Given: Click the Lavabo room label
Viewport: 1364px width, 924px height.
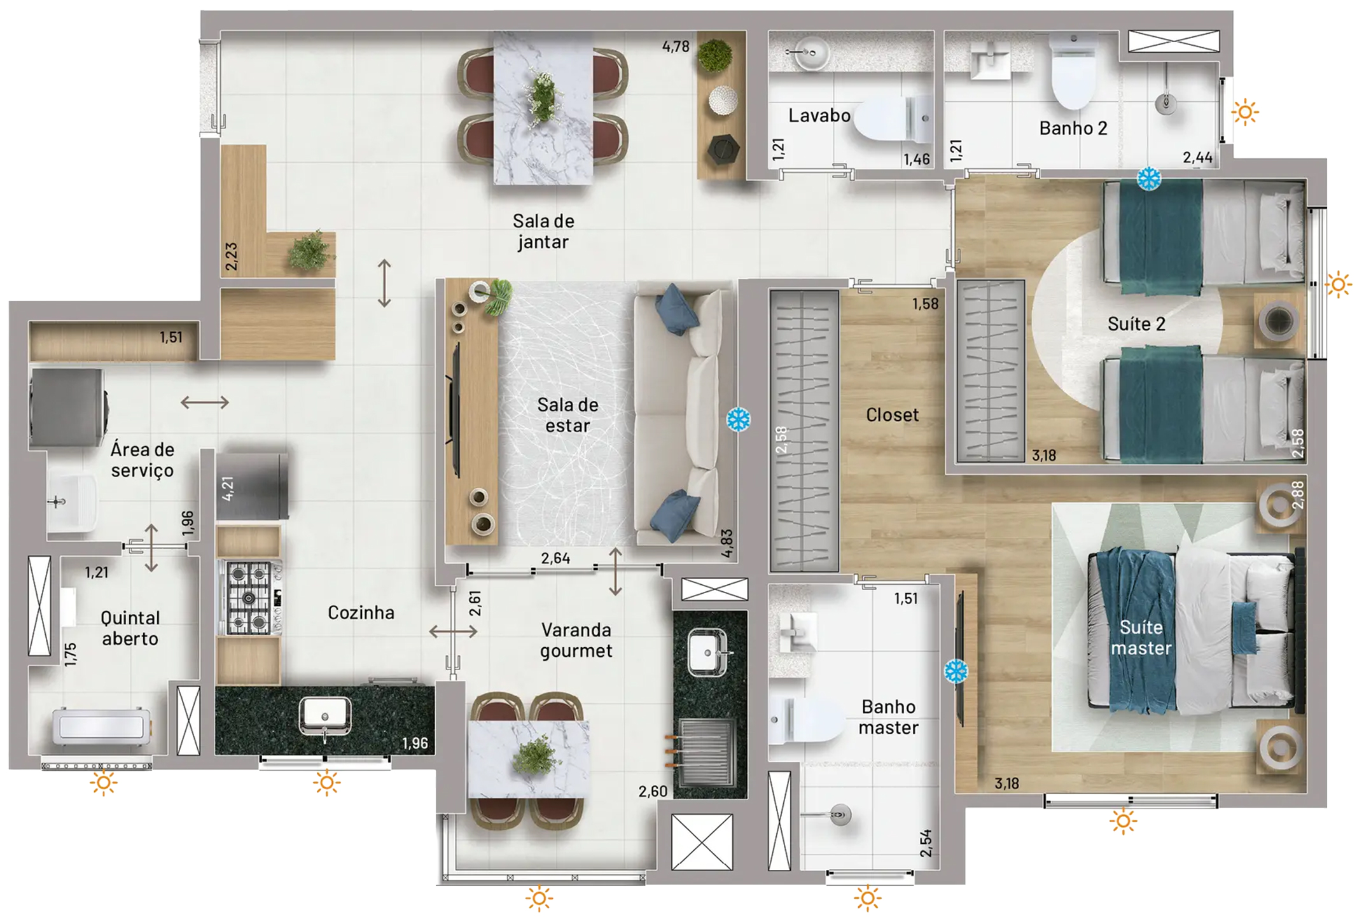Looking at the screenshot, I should click(x=819, y=116).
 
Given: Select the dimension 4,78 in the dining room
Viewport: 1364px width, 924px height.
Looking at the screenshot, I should click(x=675, y=46).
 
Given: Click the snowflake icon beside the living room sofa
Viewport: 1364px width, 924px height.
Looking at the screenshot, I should click(x=738, y=419).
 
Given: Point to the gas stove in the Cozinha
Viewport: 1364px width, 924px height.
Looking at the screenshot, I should click(x=249, y=597).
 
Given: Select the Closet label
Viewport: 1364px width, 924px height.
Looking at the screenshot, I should click(x=892, y=416).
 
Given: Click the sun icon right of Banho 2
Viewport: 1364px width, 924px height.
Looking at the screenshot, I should click(x=1245, y=113).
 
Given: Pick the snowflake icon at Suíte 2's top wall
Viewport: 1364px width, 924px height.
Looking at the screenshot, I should click(x=1148, y=179).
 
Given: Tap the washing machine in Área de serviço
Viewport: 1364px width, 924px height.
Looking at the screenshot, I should click(x=67, y=407).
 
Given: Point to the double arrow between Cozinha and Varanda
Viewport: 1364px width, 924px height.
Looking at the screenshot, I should click(x=452, y=632).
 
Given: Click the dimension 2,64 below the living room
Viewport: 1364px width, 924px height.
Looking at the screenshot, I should click(x=555, y=559).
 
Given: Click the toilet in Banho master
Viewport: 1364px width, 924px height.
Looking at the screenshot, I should click(x=803, y=720).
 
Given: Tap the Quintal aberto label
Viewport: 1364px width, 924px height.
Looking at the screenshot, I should click(x=130, y=628).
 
